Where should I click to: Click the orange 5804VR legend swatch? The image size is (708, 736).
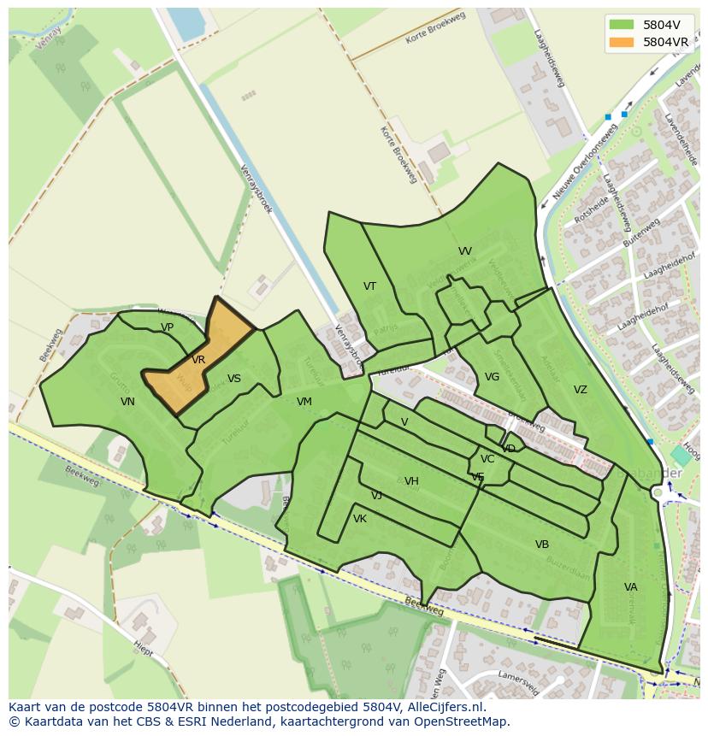[x=622, y=41]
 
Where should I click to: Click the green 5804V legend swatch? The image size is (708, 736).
[x=622, y=24]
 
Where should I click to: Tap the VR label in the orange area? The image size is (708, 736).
[x=198, y=360]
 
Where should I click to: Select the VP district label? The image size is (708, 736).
[x=167, y=327]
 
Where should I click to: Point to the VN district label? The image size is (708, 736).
[x=127, y=402]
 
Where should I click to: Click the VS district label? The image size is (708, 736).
[x=233, y=379]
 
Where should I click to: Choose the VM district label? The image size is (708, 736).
[x=304, y=402]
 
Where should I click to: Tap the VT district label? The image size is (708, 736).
[x=369, y=286]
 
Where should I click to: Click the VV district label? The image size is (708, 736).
[x=464, y=251]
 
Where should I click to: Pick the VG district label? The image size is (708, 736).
[x=492, y=377]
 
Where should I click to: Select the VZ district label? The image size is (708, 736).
[x=580, y=390]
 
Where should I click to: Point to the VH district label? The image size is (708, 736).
[x=411, y=481]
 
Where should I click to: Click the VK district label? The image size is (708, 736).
[x=359, y=519]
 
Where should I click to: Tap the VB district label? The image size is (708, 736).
[x=541, y=545]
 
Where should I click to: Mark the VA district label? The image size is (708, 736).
[x=630, y=587]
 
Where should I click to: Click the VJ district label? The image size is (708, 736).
[x=376, y=496]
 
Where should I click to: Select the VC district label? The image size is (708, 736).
[x=487, y=459]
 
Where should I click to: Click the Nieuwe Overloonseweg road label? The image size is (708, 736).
[x=584, y=162]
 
